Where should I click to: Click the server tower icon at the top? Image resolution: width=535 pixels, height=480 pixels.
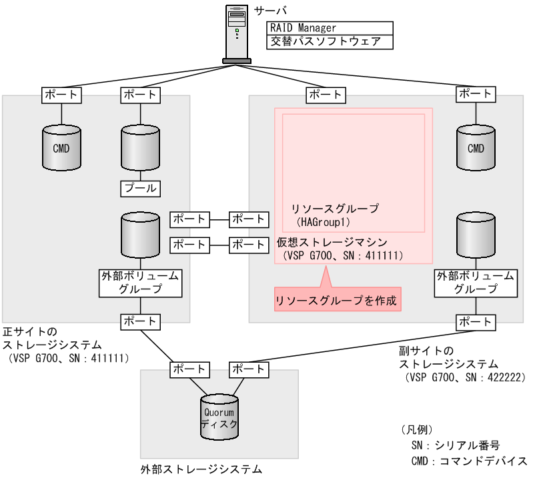pyautogui.click(x=237, y=33)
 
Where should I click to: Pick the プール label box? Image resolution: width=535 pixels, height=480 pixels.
pyautogui.click(x=140, y=189)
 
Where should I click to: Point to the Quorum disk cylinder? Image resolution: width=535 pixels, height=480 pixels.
pyautogui.click(x=219, y=417)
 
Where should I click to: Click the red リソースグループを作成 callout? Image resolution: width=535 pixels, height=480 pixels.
pyautogui.click(x=337, y=301)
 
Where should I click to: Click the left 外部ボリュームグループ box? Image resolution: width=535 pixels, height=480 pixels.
pyautogui.click(x=140, y=282)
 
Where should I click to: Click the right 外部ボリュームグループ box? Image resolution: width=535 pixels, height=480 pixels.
pyautogui.click(x=476, y=282)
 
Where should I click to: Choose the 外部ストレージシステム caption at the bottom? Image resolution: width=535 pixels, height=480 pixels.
pyautogui.click(x=201, y=470)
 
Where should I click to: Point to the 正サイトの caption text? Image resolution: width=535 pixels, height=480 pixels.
pyautogui.click(x=30, y=331)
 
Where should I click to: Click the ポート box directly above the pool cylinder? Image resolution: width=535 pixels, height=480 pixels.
pyautogui.click(x=140, y=95)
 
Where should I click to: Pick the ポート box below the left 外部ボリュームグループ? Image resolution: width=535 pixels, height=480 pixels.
pyautogui.click(x=140, y=321)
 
